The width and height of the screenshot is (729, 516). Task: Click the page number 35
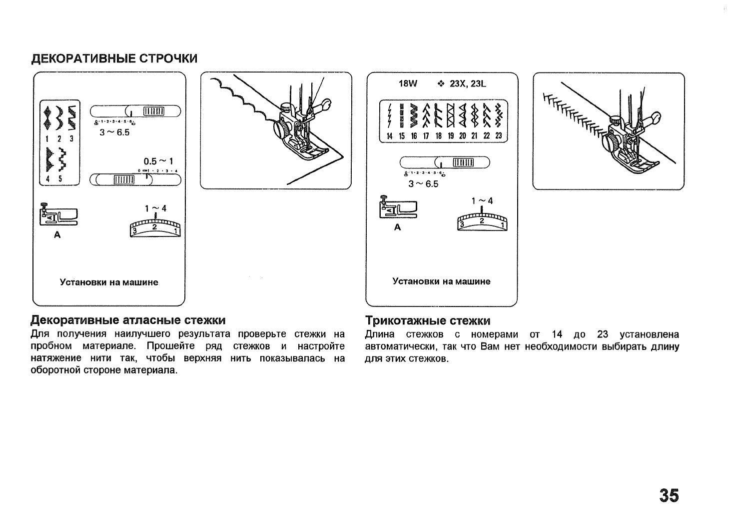pyautogui.click(x=669, y=495)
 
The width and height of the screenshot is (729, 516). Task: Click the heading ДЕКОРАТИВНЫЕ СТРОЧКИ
pyautogui.click(x=114, y=58)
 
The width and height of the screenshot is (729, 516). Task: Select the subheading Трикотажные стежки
pyautogui.click(x=428, y=320)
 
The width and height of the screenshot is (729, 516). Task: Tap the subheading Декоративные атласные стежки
pyautogui.click(x=128, y=320)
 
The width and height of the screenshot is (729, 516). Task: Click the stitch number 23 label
pyautogui.click(x=498, y=136)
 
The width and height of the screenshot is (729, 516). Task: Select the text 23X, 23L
pyautogui.click(x=468, y=83)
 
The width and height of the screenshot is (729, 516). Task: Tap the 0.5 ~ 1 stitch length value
pyautogui.click(x=158, y=161)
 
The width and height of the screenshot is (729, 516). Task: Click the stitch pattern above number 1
pyautogui.click(x=47, y=118)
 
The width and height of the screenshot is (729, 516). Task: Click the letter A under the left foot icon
pyautogui.click(x=57, y=235)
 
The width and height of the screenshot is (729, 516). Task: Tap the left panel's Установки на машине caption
pyautogui.click(x=109, y=282)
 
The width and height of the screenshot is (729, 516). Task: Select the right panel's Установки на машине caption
pyautogui.click(x=442, y=281)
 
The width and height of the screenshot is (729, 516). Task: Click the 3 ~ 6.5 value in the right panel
pyautogui.click(x=423, y=184)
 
